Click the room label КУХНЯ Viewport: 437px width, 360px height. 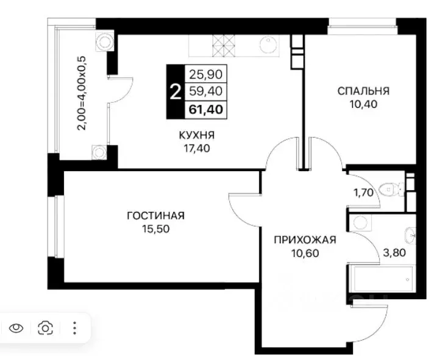(196, 135)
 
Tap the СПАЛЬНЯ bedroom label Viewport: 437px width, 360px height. (363, 91)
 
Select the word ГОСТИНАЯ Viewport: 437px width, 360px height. (155, 216)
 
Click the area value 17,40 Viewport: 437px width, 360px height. (196, 148)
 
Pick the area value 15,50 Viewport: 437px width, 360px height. (155, 228)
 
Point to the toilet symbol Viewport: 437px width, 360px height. (390, 191)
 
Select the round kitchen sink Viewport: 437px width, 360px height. (268, 44)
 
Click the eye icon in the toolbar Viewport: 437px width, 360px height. (16, 328)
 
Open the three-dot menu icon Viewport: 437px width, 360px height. (74, 328)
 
